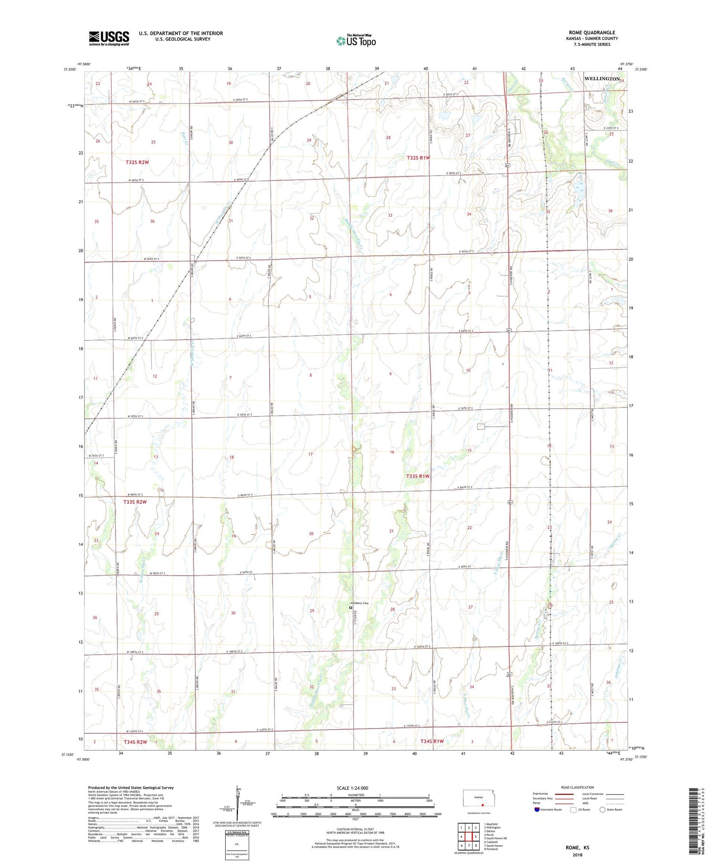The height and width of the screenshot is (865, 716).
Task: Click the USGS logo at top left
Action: [109, 38]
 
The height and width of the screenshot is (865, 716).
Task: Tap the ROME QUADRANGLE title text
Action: [591, 32]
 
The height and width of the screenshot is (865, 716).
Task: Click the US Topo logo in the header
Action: [356, 41]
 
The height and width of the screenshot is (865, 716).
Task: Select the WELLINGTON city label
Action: [602, 78]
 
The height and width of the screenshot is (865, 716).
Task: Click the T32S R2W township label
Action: [137, 162]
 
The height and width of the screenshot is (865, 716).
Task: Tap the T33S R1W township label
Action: [418, 476]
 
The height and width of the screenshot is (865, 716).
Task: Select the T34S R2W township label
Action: [135, 742]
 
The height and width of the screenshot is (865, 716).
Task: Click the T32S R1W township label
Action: [419, 157]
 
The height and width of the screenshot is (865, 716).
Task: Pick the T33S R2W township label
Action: [135, 502]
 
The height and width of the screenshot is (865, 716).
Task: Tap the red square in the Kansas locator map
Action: [483, 802]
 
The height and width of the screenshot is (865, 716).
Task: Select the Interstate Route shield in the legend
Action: [537, 809]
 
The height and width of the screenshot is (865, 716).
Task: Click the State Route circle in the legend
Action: [602, 809]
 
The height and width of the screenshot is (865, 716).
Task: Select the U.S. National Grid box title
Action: [237, 832]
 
